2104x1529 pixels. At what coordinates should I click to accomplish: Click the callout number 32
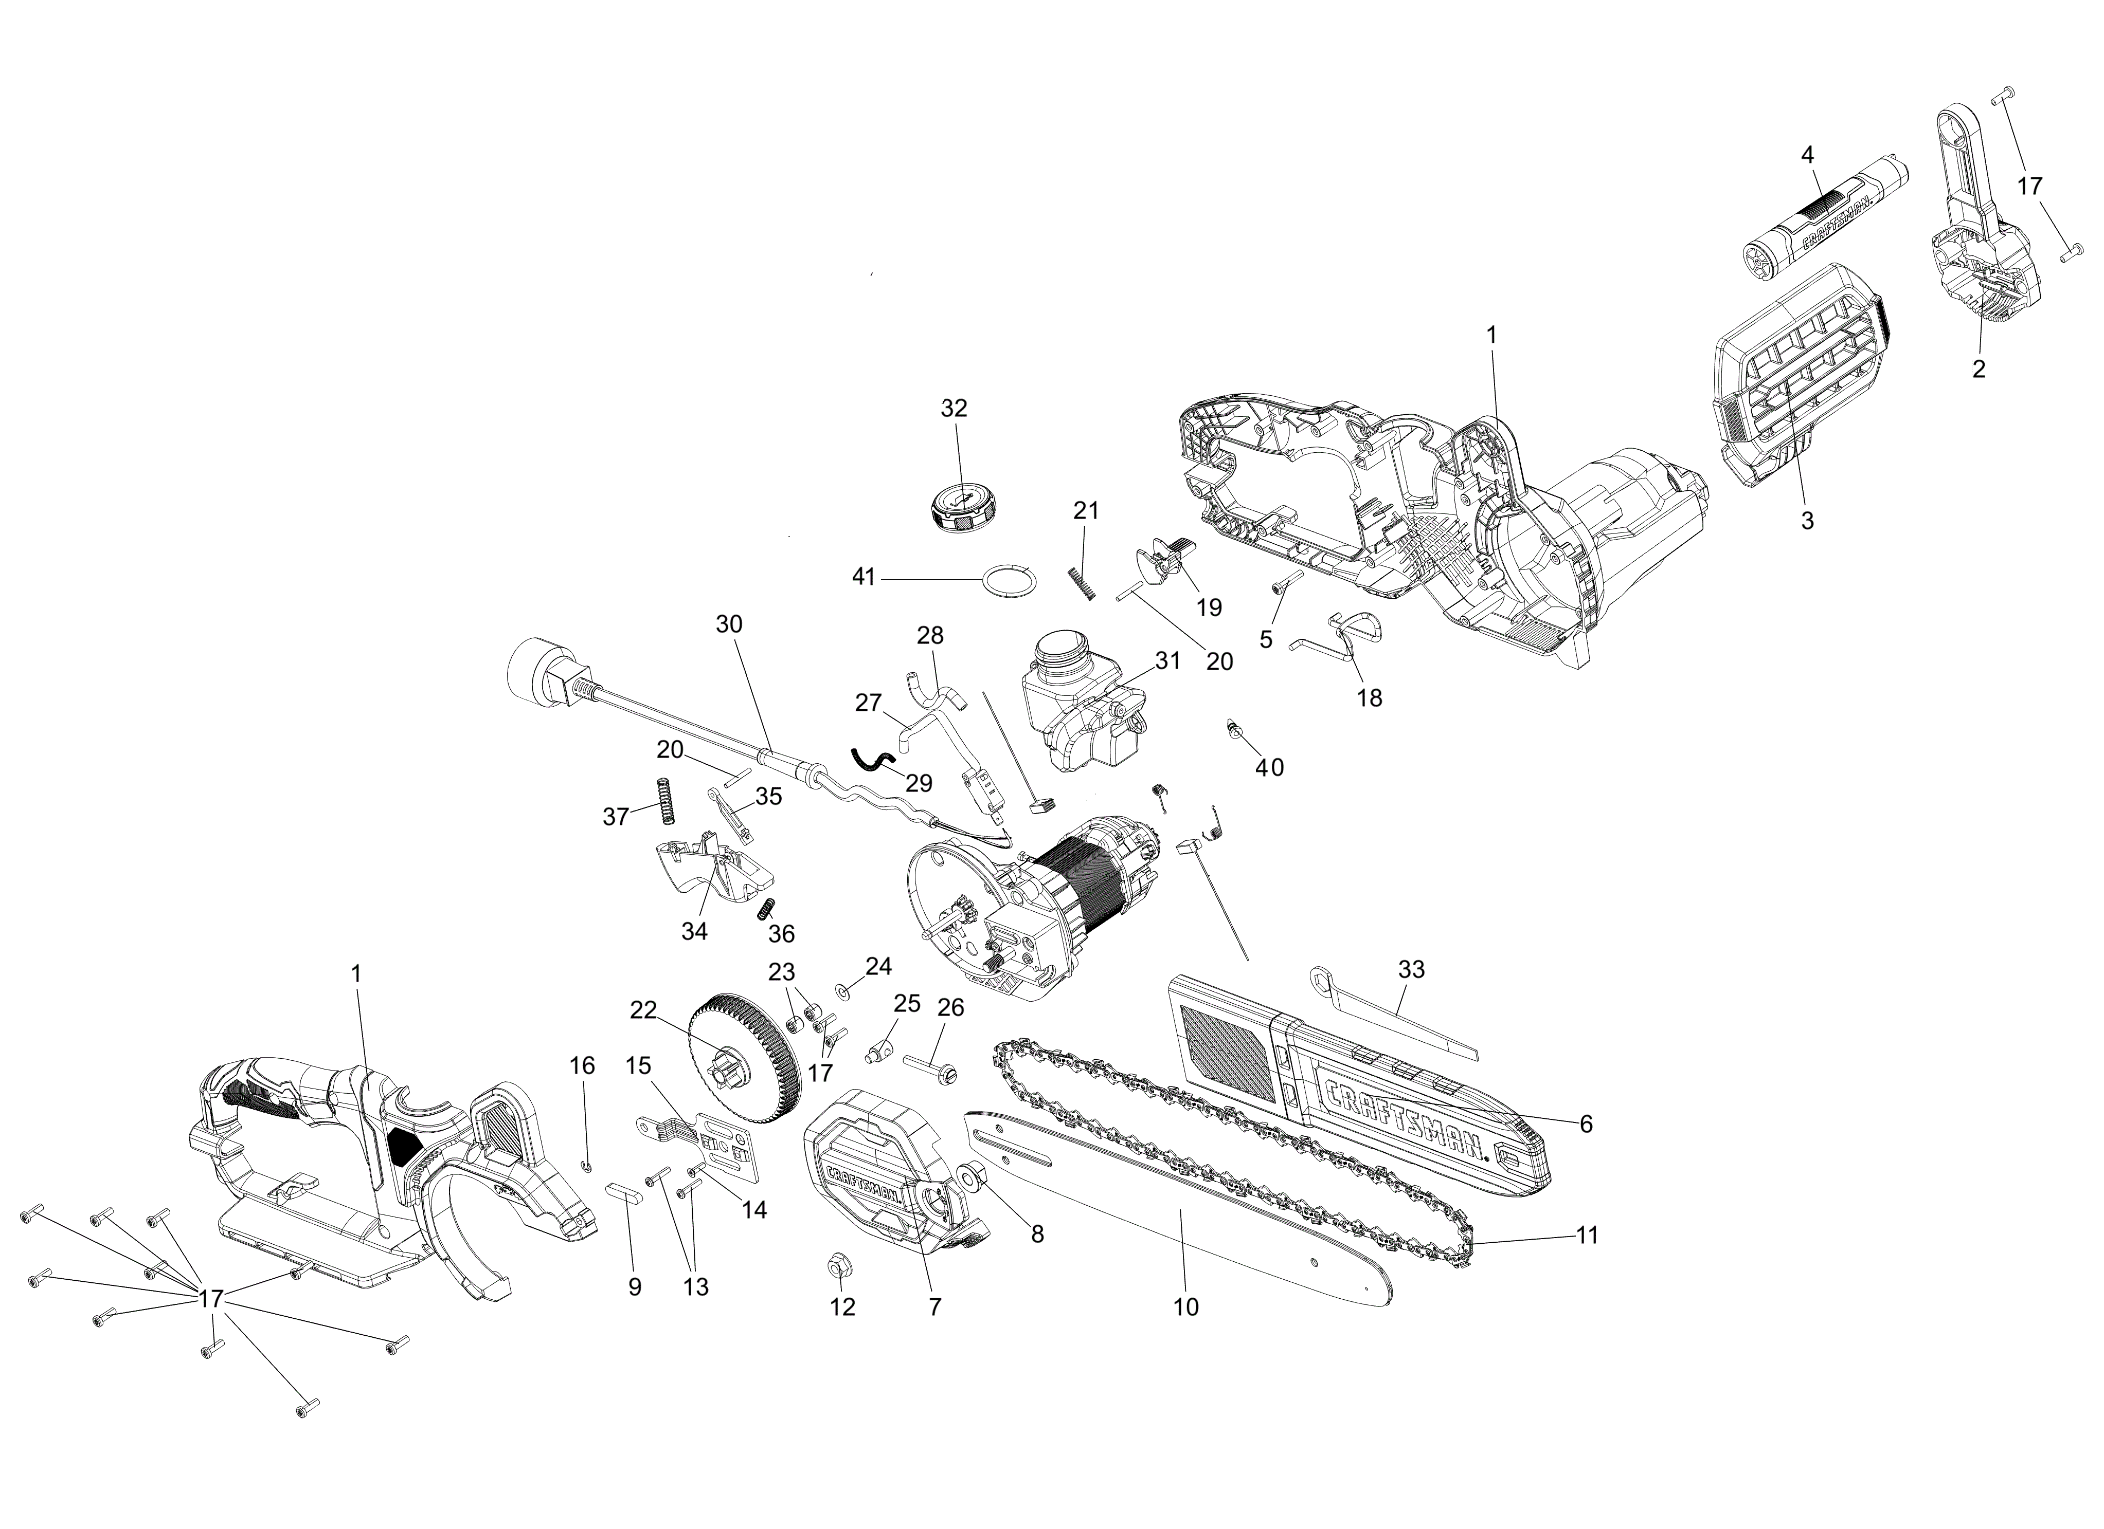[954, 408]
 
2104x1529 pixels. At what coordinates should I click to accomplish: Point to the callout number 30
[729, 625]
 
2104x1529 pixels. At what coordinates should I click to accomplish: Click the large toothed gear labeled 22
[744, 1058]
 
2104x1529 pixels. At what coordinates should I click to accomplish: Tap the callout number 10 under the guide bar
[1185, 1307]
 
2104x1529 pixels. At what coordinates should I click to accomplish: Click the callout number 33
[1411, 970]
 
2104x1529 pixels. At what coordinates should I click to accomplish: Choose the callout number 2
[1979, 369]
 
